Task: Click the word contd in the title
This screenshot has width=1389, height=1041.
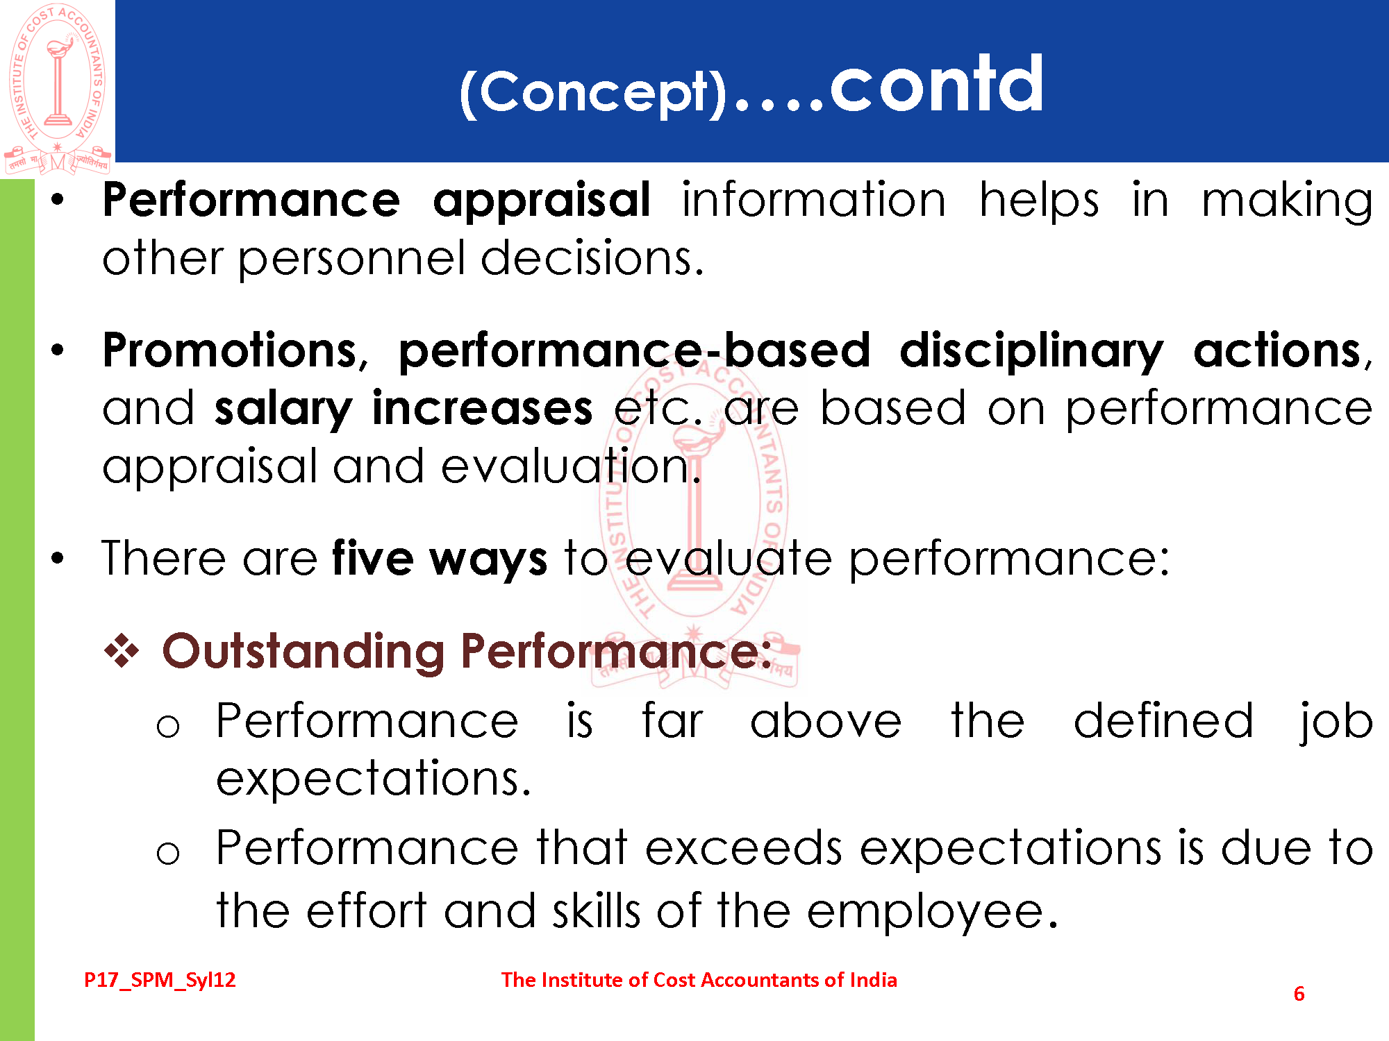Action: (937, 85)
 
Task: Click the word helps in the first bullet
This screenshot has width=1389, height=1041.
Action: (1040, 202)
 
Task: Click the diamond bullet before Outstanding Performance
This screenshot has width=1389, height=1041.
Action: (122, 651)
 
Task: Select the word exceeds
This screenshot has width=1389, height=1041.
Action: (743, 848)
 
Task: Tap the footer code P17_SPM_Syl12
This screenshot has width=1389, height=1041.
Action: (160, 980)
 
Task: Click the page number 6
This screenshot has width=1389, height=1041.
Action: (1299, 994)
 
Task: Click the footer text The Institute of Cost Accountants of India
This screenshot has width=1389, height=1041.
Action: (699, 980)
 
